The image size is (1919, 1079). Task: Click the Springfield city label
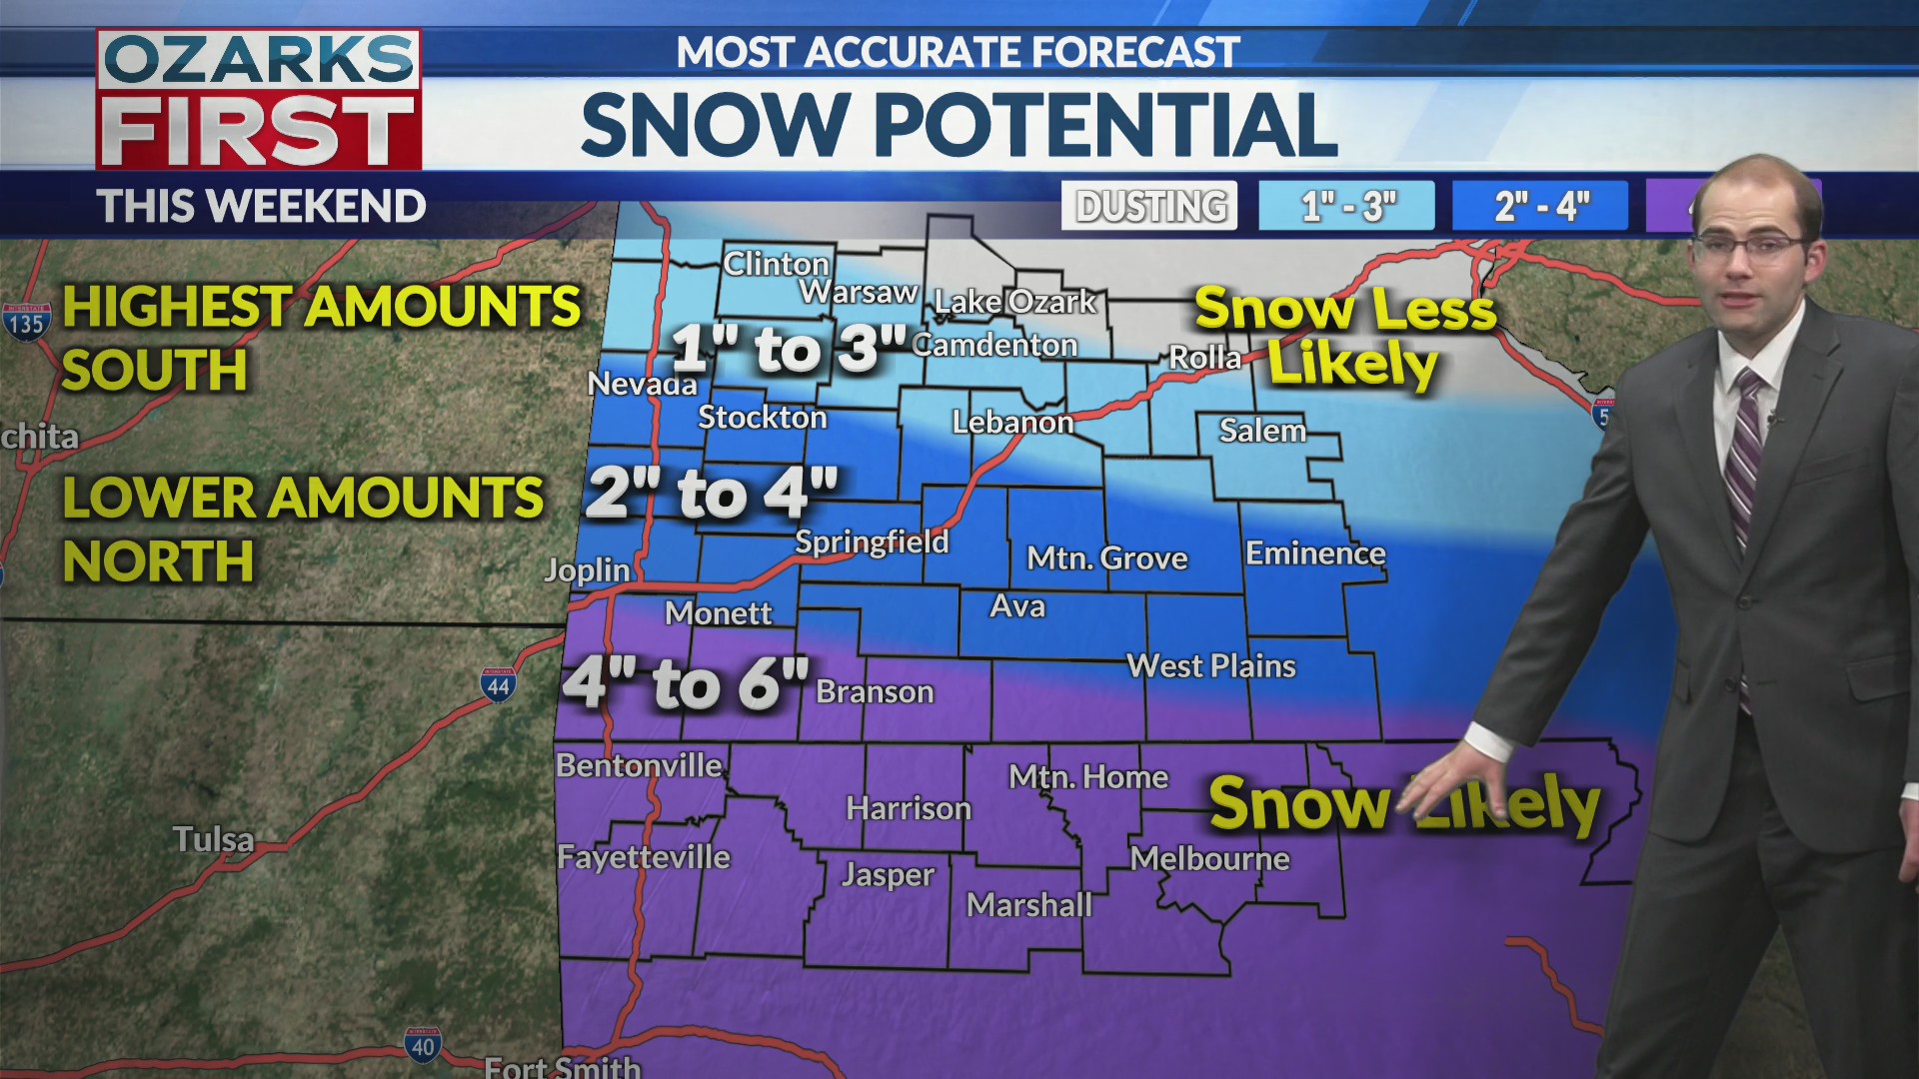pos(872,542)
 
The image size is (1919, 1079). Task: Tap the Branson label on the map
pos(875,691)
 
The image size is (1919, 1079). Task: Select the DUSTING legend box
pos(1149,206)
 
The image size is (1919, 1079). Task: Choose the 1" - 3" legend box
pos(1346,206)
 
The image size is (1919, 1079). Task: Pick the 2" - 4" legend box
pos(1540,206)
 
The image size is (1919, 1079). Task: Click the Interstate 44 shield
pos(498,685)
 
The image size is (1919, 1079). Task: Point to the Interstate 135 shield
pos(26,322)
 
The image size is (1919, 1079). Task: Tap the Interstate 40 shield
pos(423,1045)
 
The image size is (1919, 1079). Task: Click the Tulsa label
pos(213,839)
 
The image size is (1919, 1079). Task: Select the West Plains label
pos(1210,666)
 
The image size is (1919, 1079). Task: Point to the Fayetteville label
pos(644,857)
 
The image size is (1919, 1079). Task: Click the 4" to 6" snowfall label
pos(686,683)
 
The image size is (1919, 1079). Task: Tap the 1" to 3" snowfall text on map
pos(789,349)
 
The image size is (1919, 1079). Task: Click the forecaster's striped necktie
pos(1745,450)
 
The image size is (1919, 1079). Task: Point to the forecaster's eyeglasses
pos(1749,245)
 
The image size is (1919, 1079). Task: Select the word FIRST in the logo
pos(259,131)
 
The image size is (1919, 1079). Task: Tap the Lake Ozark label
pos(1014,302)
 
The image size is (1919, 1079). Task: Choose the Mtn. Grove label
pos(1107,558)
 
